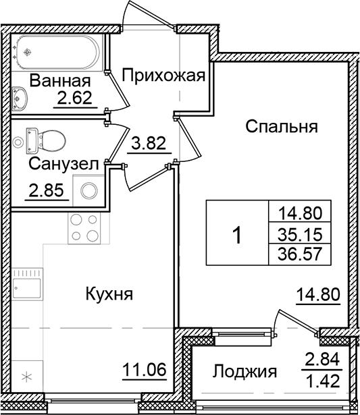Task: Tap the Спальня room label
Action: coord(272,126)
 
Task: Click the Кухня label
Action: coord(109,294)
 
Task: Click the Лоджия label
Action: coord(245,372)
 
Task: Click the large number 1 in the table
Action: coord(237,236)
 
